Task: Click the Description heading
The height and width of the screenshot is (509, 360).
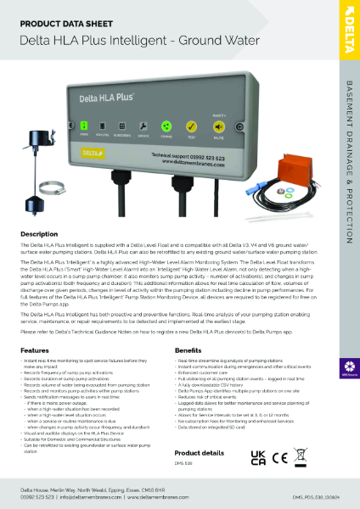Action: click(x=39, y=233)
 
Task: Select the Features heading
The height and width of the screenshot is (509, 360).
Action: click(x=35, y=350)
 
